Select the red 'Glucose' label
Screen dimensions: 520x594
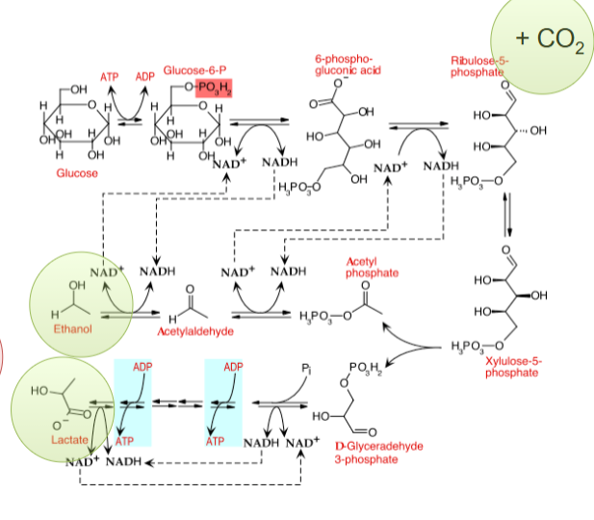77,172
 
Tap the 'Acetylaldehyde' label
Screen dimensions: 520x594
196,330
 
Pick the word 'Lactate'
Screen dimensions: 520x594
69,439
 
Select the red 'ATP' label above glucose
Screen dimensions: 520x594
111,76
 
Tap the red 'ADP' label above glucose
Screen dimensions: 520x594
145,76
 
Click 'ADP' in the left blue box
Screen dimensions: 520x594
142,368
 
